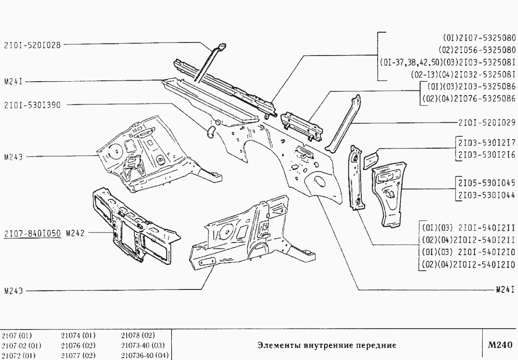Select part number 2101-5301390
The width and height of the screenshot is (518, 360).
pos(32,104)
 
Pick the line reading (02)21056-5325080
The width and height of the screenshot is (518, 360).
pos(476,49)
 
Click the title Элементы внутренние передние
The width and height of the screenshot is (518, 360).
pos(326,346)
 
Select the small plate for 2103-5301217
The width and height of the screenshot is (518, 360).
pos(370,158)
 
